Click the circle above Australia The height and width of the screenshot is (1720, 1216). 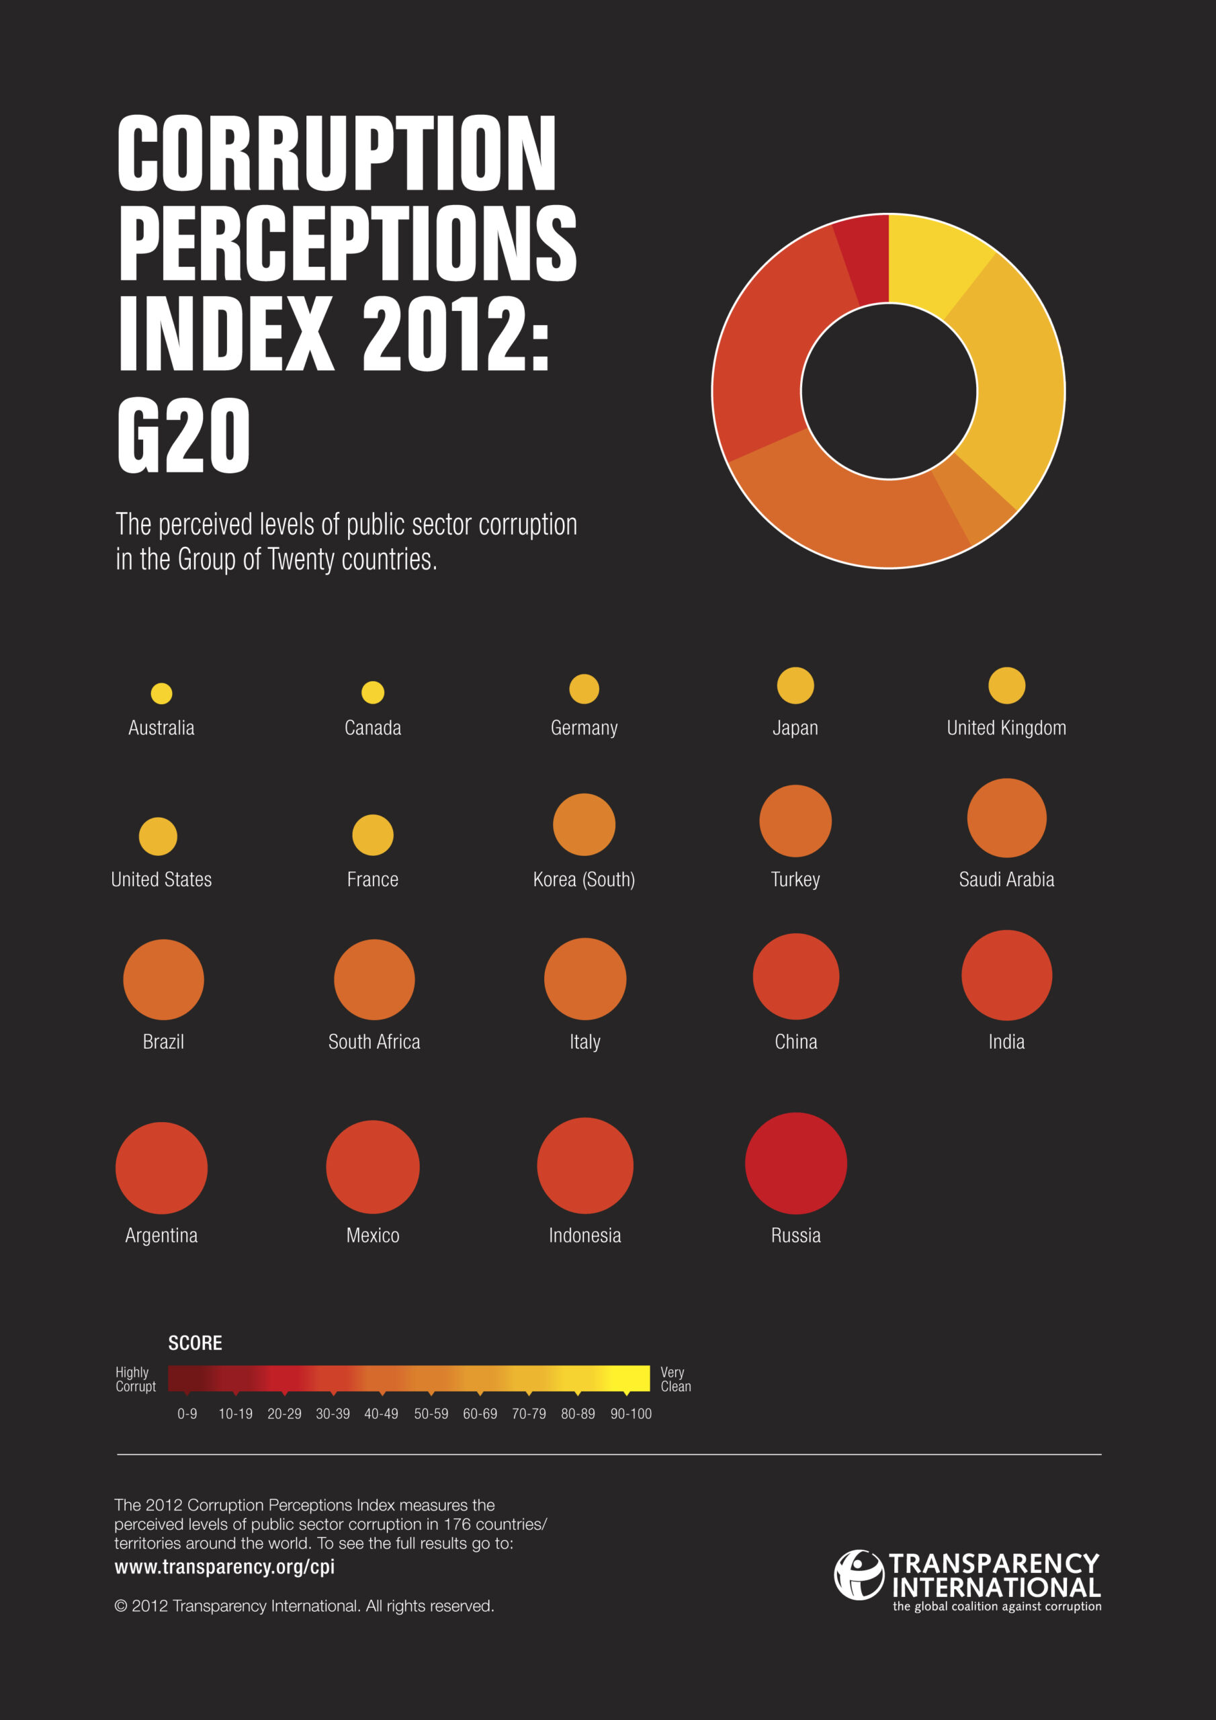click(x=161, y=693)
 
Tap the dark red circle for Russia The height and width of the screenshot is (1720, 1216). click(x=795, y=1164)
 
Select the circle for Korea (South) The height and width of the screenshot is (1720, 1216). click(x=584, y=824)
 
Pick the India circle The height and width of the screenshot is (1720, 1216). click(x=1006, y=976)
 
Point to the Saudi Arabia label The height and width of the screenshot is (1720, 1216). click(x=1006, y=879)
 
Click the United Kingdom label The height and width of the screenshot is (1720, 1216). click(x=1006, y=728)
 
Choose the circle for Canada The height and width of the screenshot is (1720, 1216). click(x=372, y=692)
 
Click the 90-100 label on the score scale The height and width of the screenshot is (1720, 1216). click(x=631, y=1414)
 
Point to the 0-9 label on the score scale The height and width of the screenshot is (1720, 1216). click(x=187, y=1414)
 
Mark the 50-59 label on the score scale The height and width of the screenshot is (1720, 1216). click(x=431, y=1414)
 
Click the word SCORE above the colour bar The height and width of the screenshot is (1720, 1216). click(x=195, y=1343)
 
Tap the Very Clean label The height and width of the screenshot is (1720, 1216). click(x=675, y=1379)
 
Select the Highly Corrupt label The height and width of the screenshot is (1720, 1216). click(x=136, y=1379)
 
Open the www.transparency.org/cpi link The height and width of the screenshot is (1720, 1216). click(x=225, y=1566)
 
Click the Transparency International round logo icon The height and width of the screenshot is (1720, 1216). click(x=859, y=1575)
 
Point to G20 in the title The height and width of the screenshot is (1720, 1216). click(x=183, y=435)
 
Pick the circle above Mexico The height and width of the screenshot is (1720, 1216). click(x=372, y=1166)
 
